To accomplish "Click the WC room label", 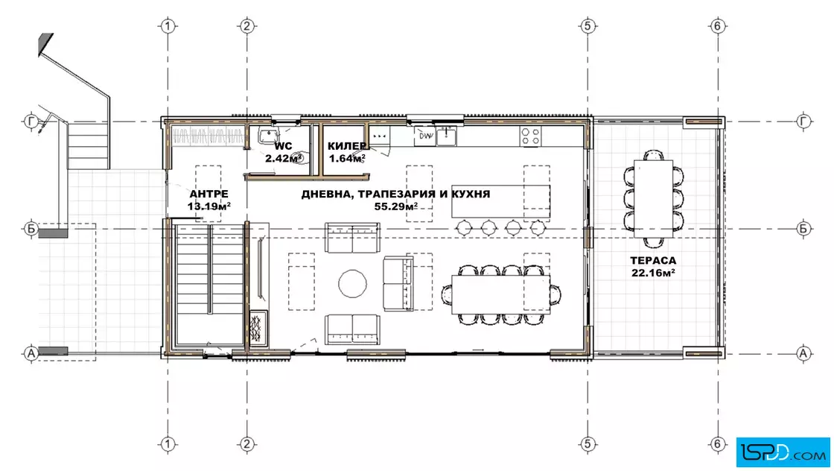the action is [283, 146].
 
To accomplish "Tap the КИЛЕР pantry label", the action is [347, 146].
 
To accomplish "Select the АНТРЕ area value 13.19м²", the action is [208, 206].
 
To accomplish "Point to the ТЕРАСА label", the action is [653, 261].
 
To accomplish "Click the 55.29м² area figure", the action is [395, 206].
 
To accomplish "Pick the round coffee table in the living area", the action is [352, 284].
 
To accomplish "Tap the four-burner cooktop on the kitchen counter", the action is [530, 136].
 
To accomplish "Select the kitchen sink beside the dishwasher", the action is [446, 136].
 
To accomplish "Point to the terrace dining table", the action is [653, 198].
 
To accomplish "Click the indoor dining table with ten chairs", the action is [500, 294].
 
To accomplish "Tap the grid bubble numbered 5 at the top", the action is [588, 25].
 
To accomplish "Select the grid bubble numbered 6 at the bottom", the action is [718, 443].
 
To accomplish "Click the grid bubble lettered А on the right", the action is [803, 353].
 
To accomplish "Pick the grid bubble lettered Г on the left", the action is [31, 121].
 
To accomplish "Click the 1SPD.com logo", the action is [783, 452].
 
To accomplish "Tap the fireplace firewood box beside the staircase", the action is [258, 329].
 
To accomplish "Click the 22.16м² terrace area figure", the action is [653, 273].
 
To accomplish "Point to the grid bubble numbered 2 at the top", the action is [246, 25].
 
